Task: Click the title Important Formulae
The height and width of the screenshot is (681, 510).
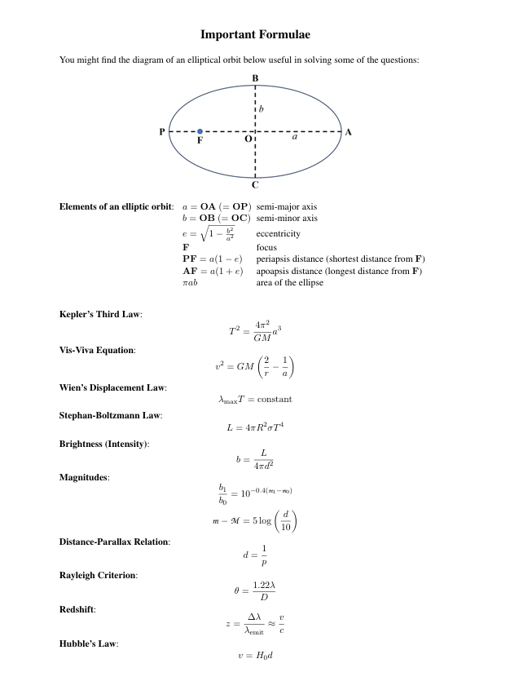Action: point(255,35)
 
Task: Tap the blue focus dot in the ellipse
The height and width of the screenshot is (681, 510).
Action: point(200,131)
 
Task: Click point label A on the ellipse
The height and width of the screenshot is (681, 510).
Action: point(349,131)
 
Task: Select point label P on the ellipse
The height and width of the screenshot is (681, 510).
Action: point(162,131)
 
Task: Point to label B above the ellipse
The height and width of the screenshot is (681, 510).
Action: point(255,78)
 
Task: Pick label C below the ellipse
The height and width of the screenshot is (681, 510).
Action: point(255,185)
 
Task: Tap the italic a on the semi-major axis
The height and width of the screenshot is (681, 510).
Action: point(295,138)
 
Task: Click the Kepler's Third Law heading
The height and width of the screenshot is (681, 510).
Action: point(101,315)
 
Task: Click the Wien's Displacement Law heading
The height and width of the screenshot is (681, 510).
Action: point(113,387)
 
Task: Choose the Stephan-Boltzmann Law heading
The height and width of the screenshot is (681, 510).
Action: point(111,415)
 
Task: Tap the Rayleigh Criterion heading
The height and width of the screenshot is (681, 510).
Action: point(99,576)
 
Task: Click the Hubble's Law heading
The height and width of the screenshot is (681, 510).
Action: point(89,644)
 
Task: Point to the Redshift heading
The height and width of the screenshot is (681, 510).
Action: point(77,609)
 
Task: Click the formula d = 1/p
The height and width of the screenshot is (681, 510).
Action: point(255,555)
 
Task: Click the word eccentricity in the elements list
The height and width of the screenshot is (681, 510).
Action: point(279,234)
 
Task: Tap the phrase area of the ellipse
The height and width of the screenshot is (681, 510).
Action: point(290,283)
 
